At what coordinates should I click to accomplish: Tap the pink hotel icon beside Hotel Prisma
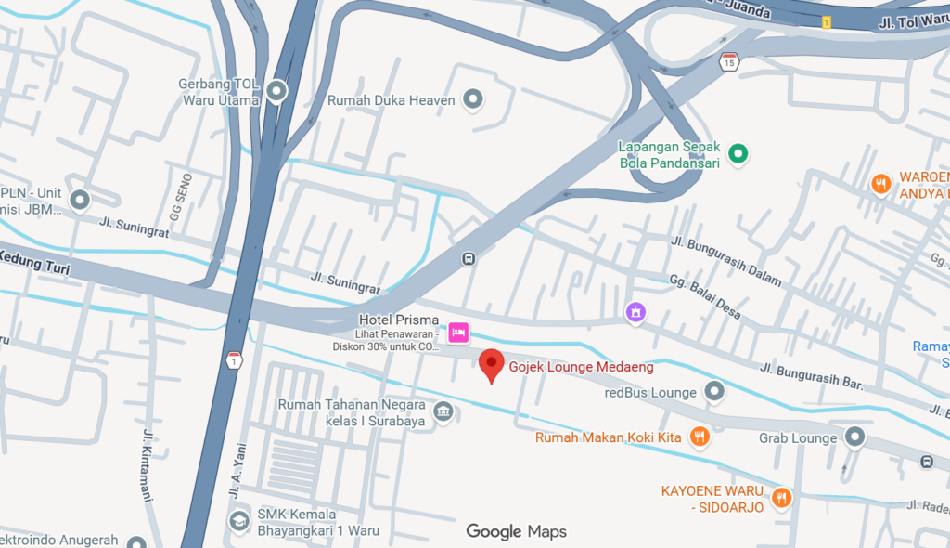[457, 333]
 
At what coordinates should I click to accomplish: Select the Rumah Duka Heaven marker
[473, 99]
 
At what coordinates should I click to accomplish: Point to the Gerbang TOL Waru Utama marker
[276, 92]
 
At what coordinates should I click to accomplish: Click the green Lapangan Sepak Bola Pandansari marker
[738, 154]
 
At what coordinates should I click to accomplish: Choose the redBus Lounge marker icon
[713, 392]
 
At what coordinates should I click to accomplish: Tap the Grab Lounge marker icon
[854, 437]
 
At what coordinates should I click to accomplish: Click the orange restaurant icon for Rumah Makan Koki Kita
[700, 437]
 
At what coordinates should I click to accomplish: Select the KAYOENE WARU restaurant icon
[782, 498]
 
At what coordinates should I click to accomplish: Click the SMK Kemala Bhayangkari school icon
[238, 520]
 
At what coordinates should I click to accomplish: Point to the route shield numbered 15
[729, 62]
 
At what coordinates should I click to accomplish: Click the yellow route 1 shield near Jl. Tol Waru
[826, 21]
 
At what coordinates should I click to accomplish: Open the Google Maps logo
[516, 531]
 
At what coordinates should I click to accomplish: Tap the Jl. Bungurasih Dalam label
[725, 261]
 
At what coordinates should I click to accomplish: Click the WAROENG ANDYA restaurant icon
[880, 184]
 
